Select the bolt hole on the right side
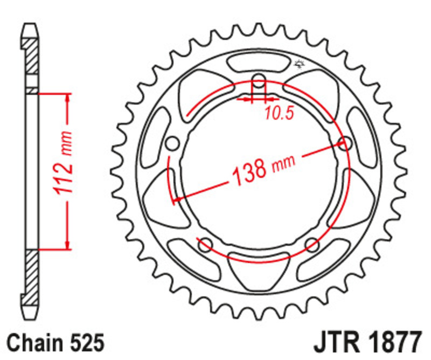[x=344, y=143]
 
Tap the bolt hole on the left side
[x=172, y=144]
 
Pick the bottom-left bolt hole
[x=205, y=245]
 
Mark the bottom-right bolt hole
[x=312, y=245]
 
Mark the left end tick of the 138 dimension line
[x=173, y=202]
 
